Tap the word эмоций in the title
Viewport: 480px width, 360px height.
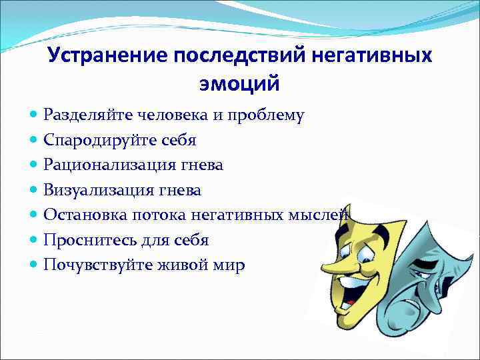239,85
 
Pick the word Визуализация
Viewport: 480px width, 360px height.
98,190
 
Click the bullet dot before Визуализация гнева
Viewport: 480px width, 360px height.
34,190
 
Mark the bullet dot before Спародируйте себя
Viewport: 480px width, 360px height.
34,141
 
